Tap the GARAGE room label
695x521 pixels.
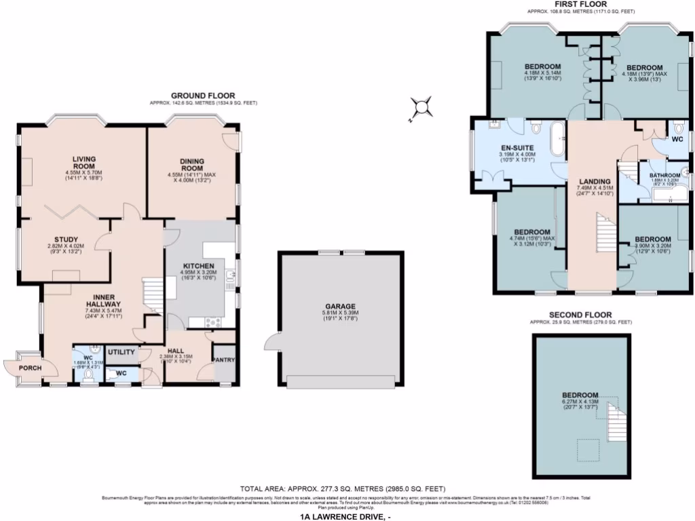pos(339,306)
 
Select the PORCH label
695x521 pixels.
pos(30,368)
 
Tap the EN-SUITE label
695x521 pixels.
pos(518,147)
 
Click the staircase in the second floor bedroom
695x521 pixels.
pos(615,421)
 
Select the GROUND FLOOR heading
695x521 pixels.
pos(203,95)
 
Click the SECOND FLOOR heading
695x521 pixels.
pos(580,315)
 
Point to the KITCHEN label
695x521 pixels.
pos(198,266)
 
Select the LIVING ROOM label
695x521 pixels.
pos(85,163)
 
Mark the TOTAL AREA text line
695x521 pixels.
pos(343,488)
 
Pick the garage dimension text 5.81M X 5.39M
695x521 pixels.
pos(339,313)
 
